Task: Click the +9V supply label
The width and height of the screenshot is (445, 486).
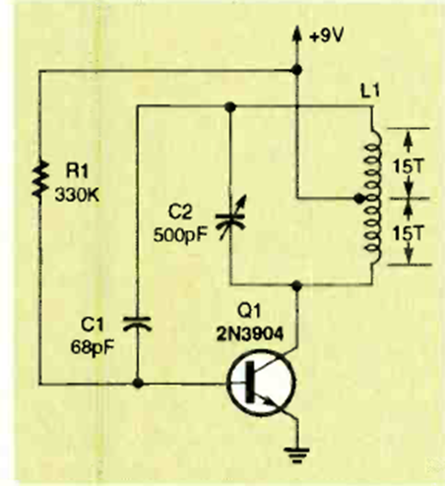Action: click(x=326, y=35)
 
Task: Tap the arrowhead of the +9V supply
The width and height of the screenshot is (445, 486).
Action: click(x=296, y=33)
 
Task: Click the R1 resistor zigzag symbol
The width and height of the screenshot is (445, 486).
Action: click(x=40, y=179)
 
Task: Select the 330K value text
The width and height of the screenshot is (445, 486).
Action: click(x=77, y=196)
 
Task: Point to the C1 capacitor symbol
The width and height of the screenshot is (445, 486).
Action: click(x=137, y=324)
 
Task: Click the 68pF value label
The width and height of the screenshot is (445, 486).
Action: click(x=93, y=347)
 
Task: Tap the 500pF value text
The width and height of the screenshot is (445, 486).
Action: click(x=180, y=235)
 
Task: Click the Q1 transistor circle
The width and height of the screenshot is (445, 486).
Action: click(x=261, y=383)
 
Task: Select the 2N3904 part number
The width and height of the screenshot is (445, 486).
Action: click(x=249, y=334)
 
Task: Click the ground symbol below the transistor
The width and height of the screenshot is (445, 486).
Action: click(x=296, y=456)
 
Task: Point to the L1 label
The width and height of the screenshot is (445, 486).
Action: click(x=370, y=91)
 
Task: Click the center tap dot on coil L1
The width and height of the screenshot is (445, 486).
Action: click(x=360, y=199)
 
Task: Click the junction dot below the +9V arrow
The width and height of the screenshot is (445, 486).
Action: click(x=296, y=70)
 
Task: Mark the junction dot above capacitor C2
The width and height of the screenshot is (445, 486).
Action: click(x=230, y=106)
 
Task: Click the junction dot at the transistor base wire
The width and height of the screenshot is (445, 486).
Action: click(x=138, y=383)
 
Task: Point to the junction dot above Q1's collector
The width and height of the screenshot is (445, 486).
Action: click(x=296, y=285)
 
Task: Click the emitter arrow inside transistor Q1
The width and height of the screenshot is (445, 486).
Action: click(x=268, y=400)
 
